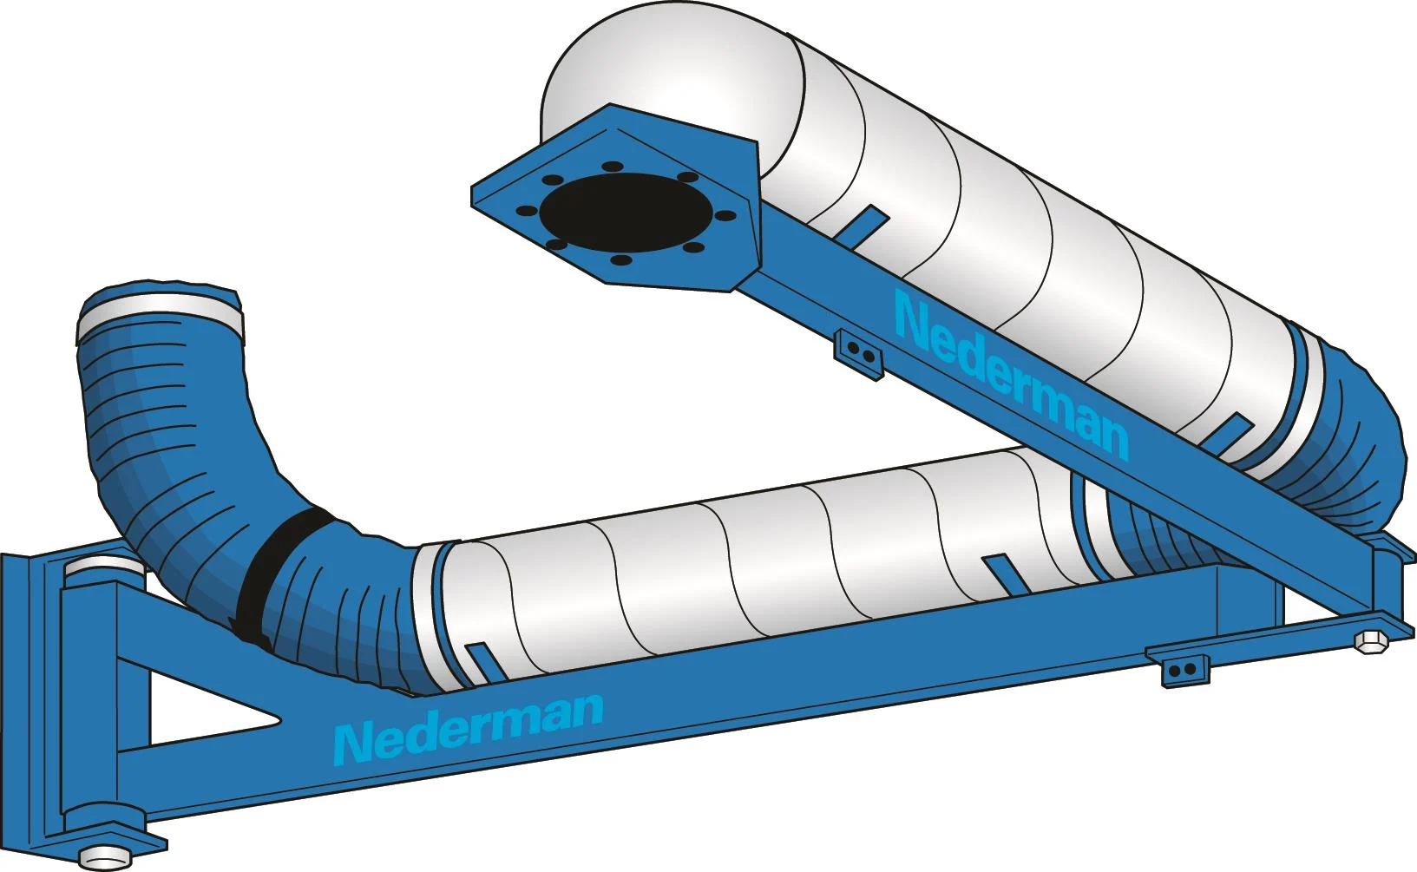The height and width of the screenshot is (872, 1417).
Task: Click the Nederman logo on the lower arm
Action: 469,728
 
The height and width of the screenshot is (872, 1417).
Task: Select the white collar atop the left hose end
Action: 158,314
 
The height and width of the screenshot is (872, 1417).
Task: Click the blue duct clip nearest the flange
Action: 863,222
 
